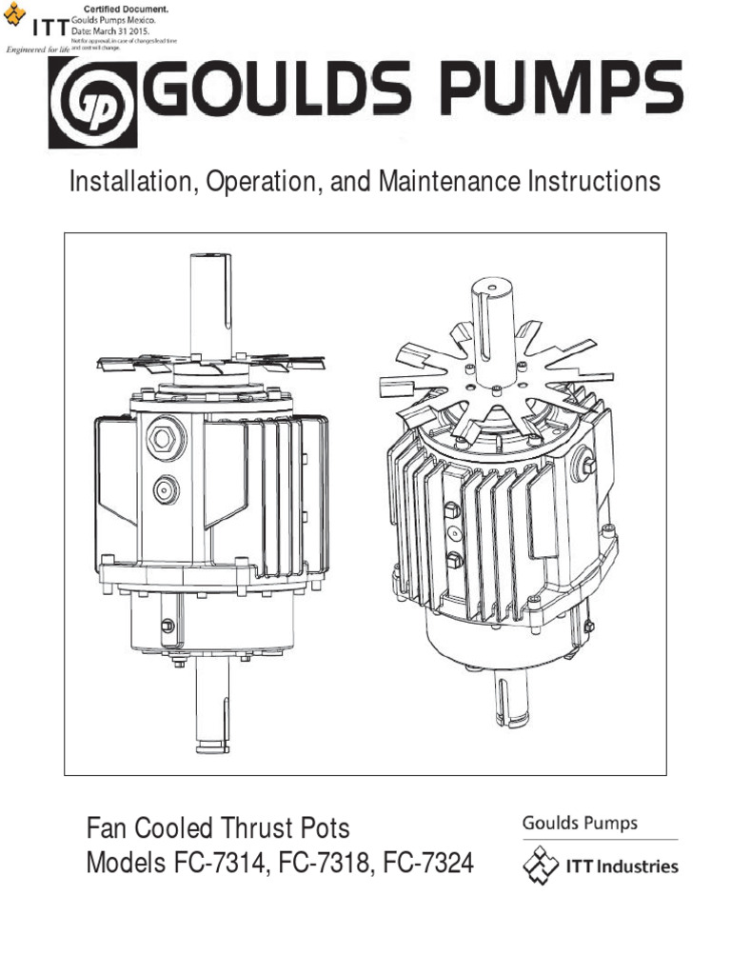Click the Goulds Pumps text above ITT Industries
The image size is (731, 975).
click(x=579, y=824)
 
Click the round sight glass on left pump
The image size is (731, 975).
click(x=166, y=489)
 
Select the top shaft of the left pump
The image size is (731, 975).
click(x=211, y=305)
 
